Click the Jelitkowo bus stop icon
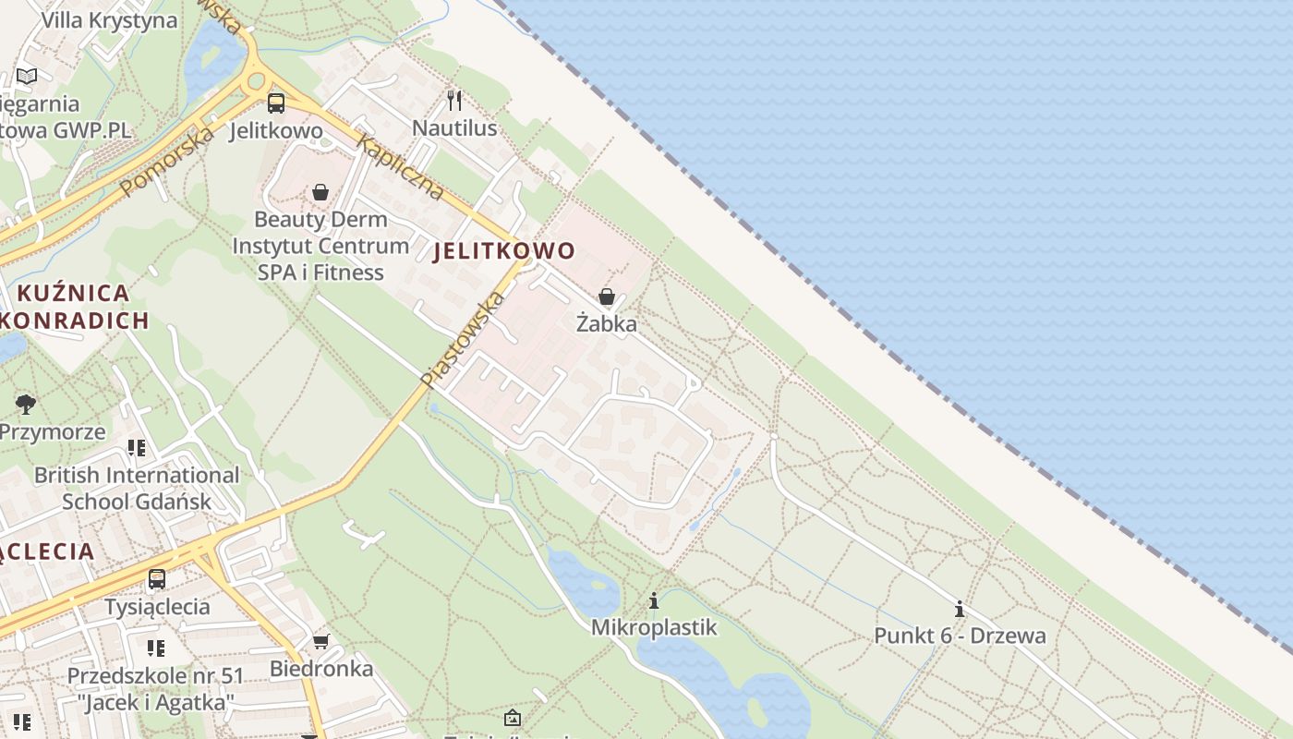[x=276, y=103]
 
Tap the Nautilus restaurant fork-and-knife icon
[x=453, y=100]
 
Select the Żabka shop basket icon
[x=607, y=297]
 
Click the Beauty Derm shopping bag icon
[x=320, y=192]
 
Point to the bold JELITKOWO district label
[x=503, y=250]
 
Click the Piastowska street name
[x=464, y=339]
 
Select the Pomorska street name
[x=167, y=161]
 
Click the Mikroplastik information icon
[x=654, y=601]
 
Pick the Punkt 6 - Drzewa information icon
[x=960, y=609]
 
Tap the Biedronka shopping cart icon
[x=320, y=641]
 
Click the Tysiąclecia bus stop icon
[x=157, y=579]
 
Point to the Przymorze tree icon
[x=26, y=404]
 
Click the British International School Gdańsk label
[x=137, y=488]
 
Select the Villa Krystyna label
[x=109, y=20]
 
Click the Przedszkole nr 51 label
[x=155, y=689]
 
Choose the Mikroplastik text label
[x=654, y=628]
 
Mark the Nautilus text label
[x=454, y=127]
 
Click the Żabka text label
[x=607, y=324]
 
